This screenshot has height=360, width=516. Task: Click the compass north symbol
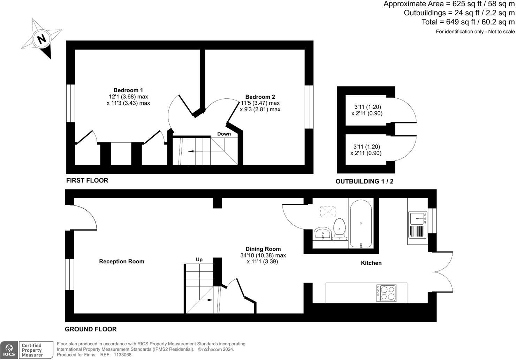[41, 39]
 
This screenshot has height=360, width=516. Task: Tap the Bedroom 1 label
[128, 90]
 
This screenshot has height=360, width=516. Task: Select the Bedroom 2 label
[260, 97]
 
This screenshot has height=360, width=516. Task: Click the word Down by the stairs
[224, 134]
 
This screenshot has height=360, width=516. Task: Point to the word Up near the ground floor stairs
[199, 260]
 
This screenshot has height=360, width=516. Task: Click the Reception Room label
[121, 261]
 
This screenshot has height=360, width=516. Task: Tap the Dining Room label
[263, 249]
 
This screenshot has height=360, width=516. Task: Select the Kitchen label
[371, 263]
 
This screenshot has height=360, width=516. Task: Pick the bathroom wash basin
[323, 233]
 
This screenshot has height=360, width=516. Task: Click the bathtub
[361, 223]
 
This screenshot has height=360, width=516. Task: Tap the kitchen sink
[417, 219]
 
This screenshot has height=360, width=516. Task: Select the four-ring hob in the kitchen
[386, 293]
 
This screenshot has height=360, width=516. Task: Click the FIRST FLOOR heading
[87, 180]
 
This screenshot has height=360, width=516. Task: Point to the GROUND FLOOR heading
[91, 329]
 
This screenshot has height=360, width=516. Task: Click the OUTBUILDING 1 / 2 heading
[364, 181]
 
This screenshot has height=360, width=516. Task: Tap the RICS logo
[9, 350]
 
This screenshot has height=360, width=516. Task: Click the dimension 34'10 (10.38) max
[263, 255]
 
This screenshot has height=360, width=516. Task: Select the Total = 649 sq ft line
[468, 22]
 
